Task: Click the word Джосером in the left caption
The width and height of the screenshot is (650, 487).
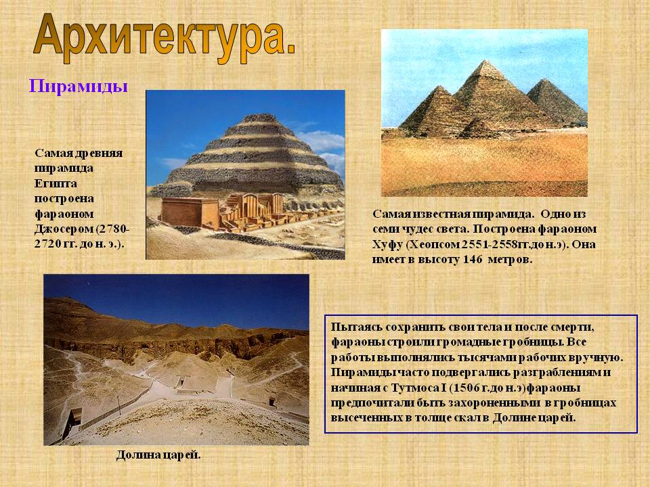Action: [x=64, y=229]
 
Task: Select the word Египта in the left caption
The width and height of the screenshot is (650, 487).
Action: [x=56, y=184]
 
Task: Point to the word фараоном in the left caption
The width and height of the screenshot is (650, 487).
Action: [x=64, y=214]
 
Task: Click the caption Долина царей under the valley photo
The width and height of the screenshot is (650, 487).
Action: [x=158, y=455]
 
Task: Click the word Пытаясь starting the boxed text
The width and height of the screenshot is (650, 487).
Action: [x=356, y=327]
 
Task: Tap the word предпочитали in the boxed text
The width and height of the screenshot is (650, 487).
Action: [x=368, y=403]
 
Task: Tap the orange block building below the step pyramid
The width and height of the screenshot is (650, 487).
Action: [x=190, y=212]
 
